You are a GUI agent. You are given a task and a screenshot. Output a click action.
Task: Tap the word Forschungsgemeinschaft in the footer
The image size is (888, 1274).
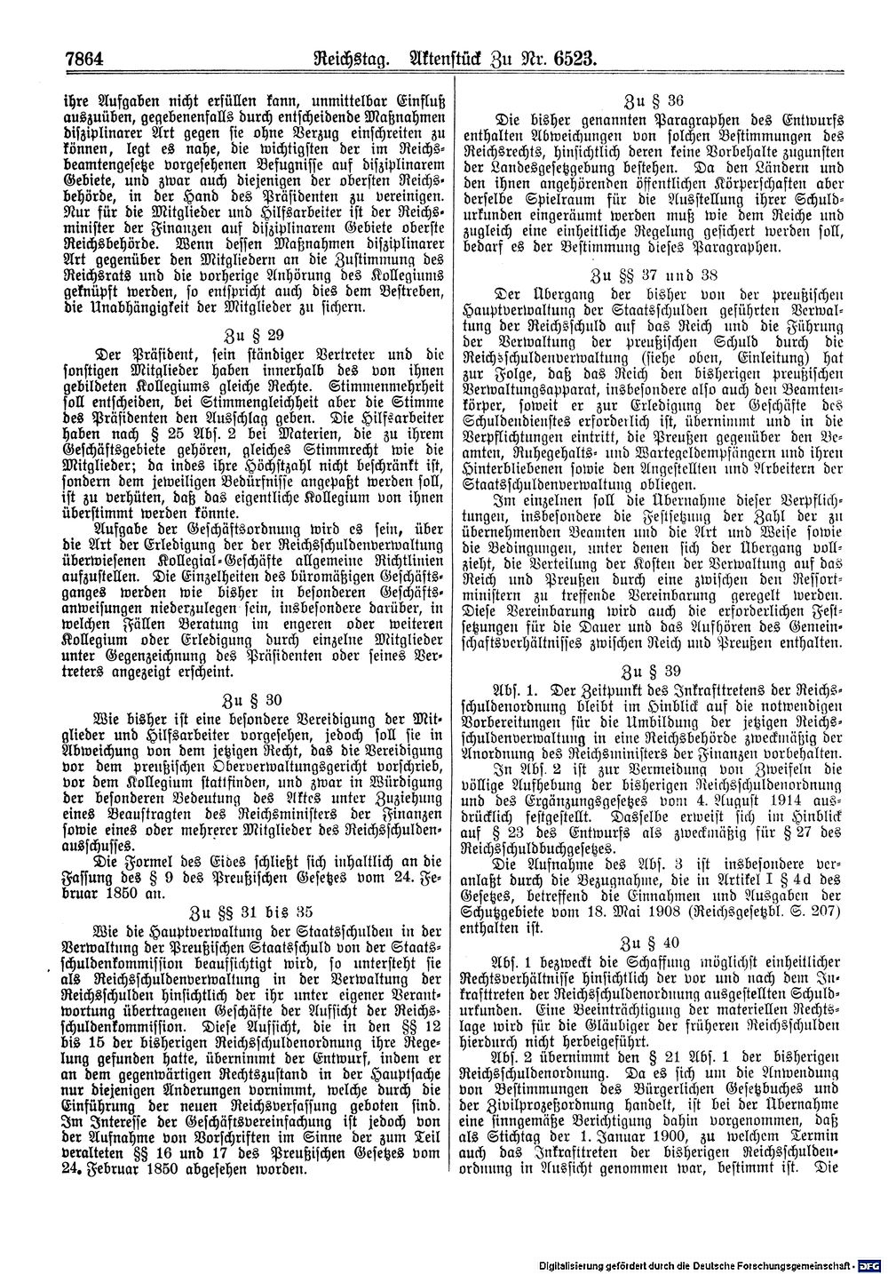(x=798, y=1265)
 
